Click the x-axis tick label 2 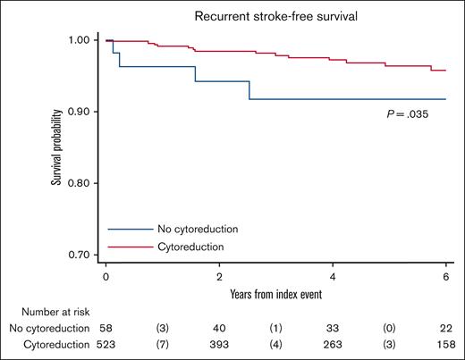click(x=219, y=277)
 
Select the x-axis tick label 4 click(x=333, y=277)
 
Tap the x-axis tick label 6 click(x=446, y=277)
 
